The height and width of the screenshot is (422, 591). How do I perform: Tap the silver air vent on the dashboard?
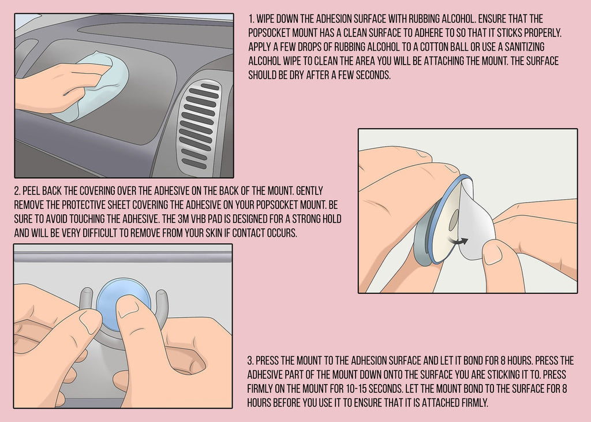click(199, 125)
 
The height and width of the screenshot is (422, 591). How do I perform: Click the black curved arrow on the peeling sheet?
click(458, 241)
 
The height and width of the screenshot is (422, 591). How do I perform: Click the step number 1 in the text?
click(251, 19)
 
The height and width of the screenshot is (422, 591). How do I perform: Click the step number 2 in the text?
click(17, 191)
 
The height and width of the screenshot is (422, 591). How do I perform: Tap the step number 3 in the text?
click(250, 361)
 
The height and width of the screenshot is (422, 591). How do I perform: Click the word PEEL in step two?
click(31, 191)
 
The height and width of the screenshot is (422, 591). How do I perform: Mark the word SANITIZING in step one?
click(525, 47)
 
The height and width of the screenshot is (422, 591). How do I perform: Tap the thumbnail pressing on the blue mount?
click(128, 307)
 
